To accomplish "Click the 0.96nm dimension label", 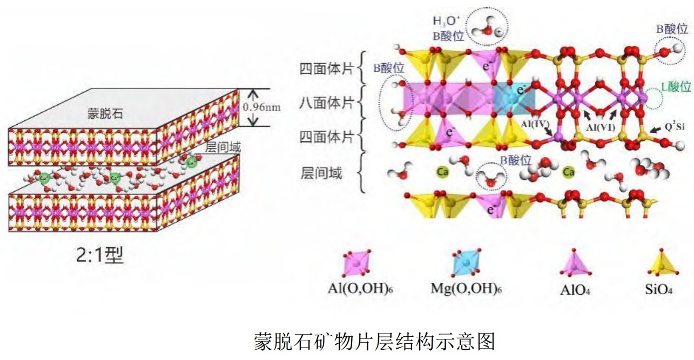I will tap(262, 107).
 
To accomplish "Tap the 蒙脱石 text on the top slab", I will tap(105, 113).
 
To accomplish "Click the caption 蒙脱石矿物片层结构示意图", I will tap(374, 341).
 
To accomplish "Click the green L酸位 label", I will tap(676, 86).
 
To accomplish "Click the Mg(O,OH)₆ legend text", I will tap(465, 288).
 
